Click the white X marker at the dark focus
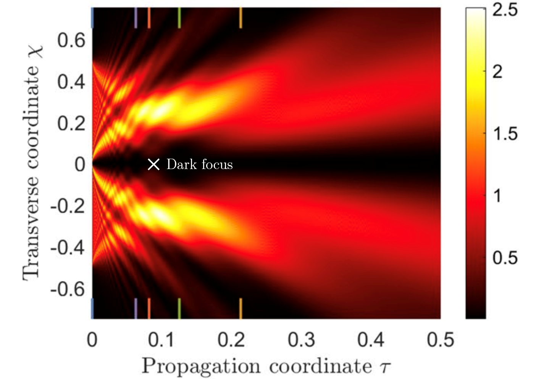(x=153, y=164)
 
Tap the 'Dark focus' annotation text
(x=199, y=164)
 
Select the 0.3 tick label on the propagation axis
(x=301, y=340)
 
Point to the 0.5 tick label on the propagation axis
(x=440, y=340)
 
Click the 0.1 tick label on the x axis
(x=161, y=340)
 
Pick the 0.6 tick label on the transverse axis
(x=71, y=40)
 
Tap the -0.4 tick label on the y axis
(x=68, y=248)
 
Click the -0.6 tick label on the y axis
(x=68, y=289)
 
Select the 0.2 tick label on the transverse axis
(x=71, y=123)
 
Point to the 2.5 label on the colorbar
(x=505, y=10)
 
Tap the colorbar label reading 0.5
(x=505, y=258)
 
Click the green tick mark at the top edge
(x=179, y=18)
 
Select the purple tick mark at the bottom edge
(x=136, y=308)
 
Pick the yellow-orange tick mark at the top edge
(x=241, y=18)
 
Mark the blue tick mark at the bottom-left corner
(x=92, y=308)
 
